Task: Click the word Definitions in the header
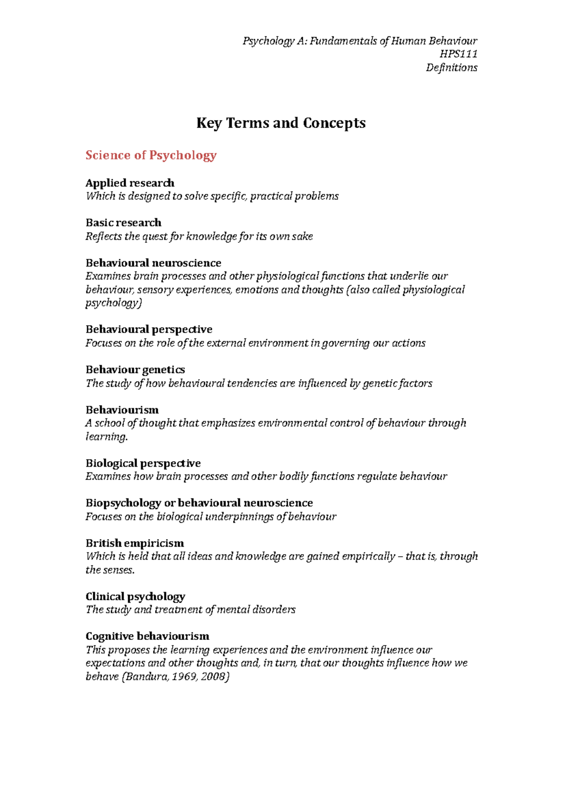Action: (x=451, y=68)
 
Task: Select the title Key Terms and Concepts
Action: (x=281, y=123)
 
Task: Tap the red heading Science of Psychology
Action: (x=151, y=155)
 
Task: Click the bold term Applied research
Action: (x=130, y=183)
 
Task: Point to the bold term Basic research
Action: (x=123, y=223)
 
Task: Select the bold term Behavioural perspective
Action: (x=149, y=329)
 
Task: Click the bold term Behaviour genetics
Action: (x=135, y=370)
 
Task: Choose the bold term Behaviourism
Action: (x=122, y=410)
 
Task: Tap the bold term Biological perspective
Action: (x=143, y=463)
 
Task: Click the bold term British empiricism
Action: (x=135, y=543)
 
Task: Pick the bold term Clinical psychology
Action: (x=135, y=597)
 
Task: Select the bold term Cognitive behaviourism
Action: (x=147, y=637)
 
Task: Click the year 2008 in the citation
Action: (x=215, y=677)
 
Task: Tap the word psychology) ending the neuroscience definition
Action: (x=113, y=303)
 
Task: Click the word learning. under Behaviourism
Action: (x=106, y=437)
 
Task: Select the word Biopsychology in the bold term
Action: (x=123, y=503)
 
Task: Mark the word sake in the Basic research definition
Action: (x=302, y=237)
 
